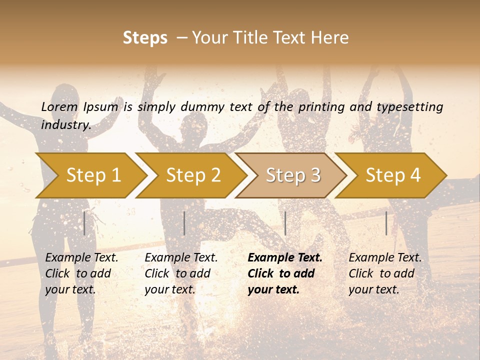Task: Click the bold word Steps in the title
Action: pos(145,38)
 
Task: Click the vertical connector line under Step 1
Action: pos(84,223)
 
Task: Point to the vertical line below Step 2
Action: pos(184,223)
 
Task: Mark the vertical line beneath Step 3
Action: pos(285,223)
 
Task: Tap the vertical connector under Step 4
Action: pos(386,223)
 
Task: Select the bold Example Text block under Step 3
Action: pos(284,273)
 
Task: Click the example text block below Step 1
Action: pos(81,273)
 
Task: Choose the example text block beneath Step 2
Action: pos(181,273)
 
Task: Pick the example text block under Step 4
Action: pos(385,273)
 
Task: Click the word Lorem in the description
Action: pos(59,107)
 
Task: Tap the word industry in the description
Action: pos(66,125)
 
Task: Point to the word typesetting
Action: pos(409,107)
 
